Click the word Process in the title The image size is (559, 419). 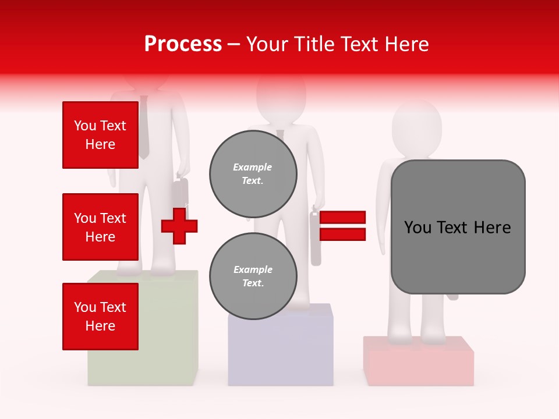183,44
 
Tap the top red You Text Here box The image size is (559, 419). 100,135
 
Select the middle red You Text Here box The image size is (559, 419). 100,227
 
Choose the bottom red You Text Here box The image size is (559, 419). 100,316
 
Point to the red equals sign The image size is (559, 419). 342,226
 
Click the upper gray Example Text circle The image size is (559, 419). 253,173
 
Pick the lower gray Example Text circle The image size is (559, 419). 253,276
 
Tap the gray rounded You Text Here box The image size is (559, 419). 458,227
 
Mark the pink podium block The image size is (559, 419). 418,361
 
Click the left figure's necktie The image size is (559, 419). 144,128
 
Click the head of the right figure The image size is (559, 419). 416,128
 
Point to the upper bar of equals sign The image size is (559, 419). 342,218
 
